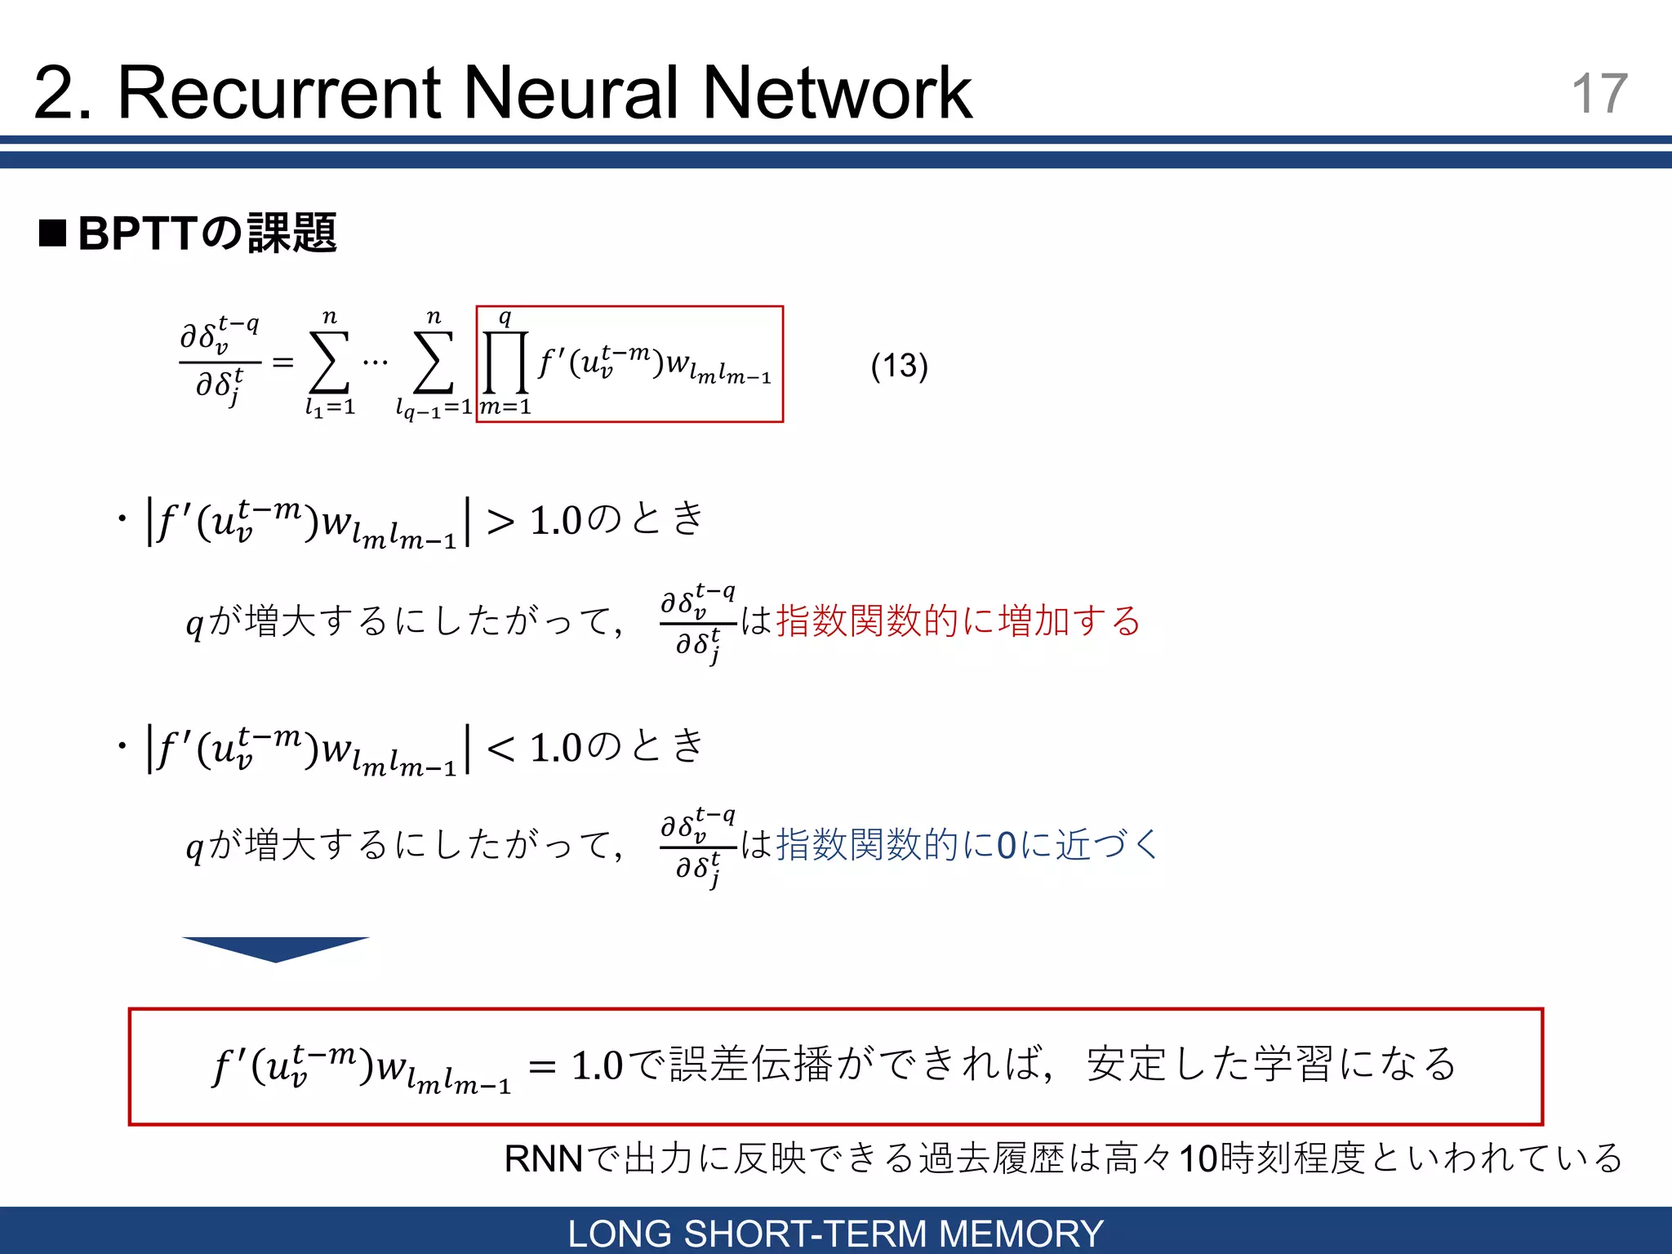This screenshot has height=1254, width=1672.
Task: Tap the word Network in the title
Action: pos(837,93)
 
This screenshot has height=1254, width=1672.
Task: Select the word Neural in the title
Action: pos(571,93)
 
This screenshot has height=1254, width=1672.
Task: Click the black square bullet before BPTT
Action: pos(53,233)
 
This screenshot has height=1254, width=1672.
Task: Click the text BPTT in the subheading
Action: pos(138,233)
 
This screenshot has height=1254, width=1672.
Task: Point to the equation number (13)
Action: pos(899,365)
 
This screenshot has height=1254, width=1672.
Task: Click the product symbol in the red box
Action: pos(505,362)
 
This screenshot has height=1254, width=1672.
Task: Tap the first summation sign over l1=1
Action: pos(329,362)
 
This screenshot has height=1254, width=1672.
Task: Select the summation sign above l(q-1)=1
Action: pos(434,362)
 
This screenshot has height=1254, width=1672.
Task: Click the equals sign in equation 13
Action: pos(282,362)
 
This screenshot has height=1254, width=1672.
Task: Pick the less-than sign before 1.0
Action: pos(500,748)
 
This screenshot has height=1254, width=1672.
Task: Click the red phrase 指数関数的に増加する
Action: pos(958,620)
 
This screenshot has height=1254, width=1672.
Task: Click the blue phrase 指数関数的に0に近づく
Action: pos(967,844)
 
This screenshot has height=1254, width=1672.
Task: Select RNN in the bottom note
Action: pos(544,1158)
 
